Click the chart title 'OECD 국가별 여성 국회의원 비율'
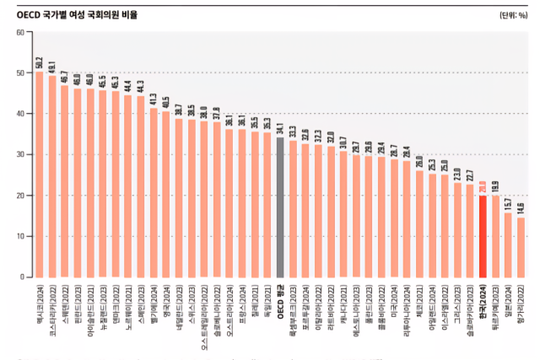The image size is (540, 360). [x=77, y=14]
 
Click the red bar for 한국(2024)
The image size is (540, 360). [x=483, y=236]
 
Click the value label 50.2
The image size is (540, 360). [x=40, y=62]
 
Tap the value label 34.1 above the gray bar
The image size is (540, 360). [x=280, y=129]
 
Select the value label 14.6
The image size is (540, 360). [x=521, y=208]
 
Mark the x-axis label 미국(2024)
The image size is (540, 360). [x=394, y=302]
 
